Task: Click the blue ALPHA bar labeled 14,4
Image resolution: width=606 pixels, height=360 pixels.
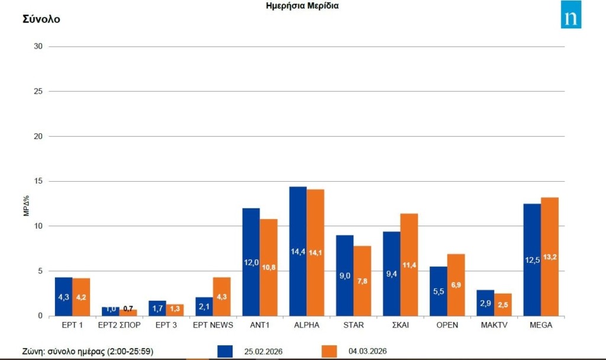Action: [298, 251]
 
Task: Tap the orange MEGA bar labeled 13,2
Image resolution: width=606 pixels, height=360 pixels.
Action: [550, 256]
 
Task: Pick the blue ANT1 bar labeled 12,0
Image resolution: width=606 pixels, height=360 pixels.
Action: [251, 262]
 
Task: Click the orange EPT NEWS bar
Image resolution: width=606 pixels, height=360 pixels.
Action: [222, 297]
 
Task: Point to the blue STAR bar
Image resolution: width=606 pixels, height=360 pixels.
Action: [344, 275]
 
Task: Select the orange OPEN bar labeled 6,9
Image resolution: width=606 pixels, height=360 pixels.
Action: [456, 285]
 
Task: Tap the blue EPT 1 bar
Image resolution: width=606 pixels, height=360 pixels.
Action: [63, 296]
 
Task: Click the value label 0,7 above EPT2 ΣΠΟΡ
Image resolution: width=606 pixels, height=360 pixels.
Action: [128, 308]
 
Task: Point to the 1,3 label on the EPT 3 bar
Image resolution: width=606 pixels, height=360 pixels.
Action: [175, 308]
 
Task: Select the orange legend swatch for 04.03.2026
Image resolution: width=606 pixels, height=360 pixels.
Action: [329, 351]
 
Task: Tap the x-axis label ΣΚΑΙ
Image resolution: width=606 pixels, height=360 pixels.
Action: [400, 325]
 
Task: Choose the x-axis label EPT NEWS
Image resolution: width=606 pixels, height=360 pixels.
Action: [213, 325]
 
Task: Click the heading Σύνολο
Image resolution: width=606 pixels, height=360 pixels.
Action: [41, 19]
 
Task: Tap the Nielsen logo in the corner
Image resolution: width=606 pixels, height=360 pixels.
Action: [571, 15]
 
